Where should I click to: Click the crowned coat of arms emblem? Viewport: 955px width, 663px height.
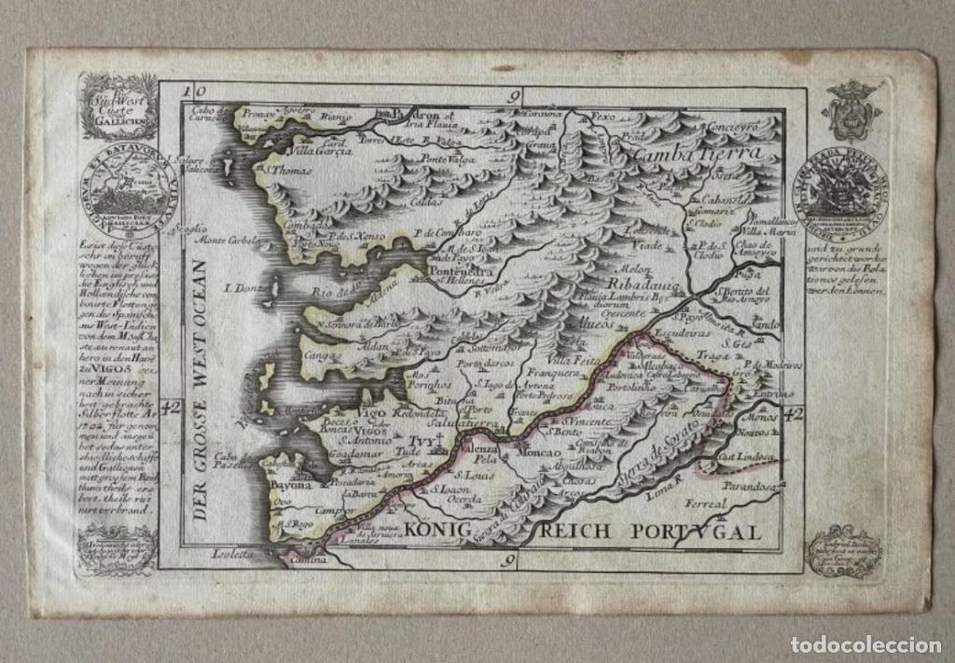[x=851, y=110]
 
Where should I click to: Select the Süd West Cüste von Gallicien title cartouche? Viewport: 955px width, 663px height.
[x=118, y=107]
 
